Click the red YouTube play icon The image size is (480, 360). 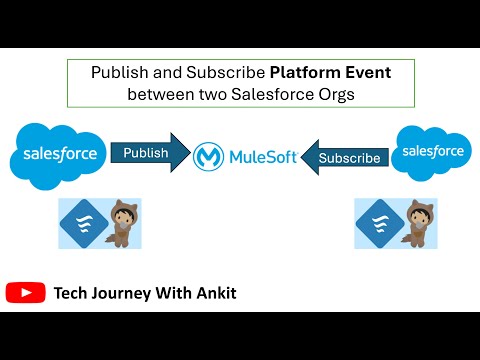(25, 293)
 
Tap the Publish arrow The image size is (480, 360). (148, 154)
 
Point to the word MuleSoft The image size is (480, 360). (263, 157)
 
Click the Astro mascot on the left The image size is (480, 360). (125, 222)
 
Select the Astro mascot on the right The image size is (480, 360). (418, 222)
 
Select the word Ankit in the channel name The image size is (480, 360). (214, 293)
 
